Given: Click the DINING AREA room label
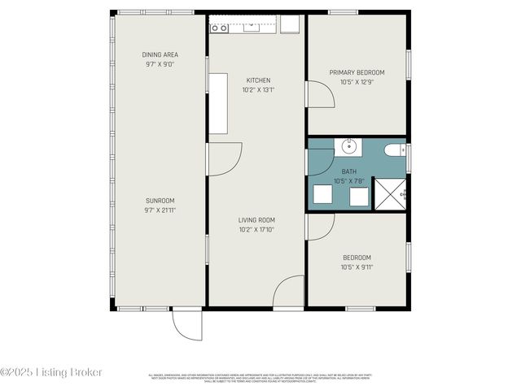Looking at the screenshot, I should pos(160,54).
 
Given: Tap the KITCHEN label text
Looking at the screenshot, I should pos(258,80).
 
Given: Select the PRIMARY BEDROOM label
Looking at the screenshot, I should pos(357,72).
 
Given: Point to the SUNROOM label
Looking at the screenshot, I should pos(160,201).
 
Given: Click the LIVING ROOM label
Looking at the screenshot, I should pos(256,219).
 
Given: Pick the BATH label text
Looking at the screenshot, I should pos(348,171).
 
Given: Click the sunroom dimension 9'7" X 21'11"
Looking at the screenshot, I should pos(160,210).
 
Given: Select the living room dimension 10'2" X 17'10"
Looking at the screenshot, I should pos(256,229).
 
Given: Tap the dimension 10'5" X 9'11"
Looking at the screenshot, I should pos(357,266).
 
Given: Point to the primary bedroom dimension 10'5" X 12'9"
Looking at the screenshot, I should pos(357,81).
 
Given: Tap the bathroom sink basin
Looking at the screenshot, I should pos(348,147).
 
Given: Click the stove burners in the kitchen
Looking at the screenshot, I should pos(218,28).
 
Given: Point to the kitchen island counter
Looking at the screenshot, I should pos(217,103).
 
